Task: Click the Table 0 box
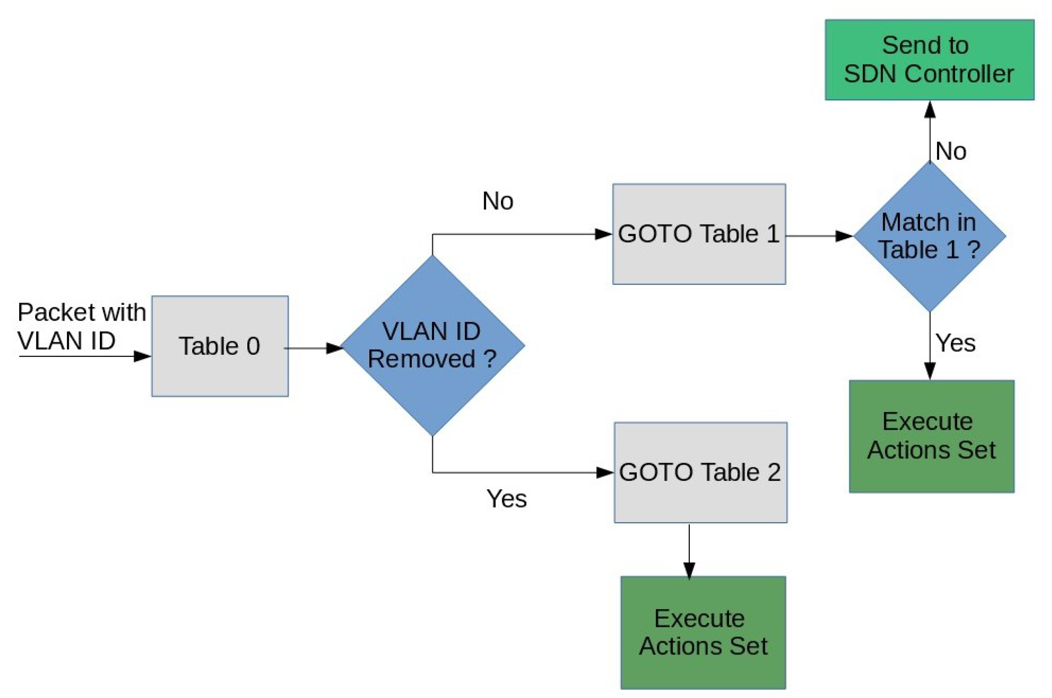220,346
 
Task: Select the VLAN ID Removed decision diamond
432,345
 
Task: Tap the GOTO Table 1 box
699,234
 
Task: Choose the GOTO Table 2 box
700,472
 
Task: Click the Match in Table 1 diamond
929,236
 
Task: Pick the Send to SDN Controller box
929,60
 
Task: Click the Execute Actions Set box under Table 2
703,632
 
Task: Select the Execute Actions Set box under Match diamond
931,436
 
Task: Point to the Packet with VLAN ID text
81,326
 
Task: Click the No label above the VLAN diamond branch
498,201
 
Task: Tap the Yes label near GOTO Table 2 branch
506,498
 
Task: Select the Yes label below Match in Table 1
955,343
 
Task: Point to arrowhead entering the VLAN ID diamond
334,348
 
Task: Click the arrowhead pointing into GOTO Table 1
603,234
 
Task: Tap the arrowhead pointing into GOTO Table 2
605,473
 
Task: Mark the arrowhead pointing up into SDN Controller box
930,110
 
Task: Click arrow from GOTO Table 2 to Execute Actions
689,552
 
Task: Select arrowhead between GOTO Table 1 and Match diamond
844,236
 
